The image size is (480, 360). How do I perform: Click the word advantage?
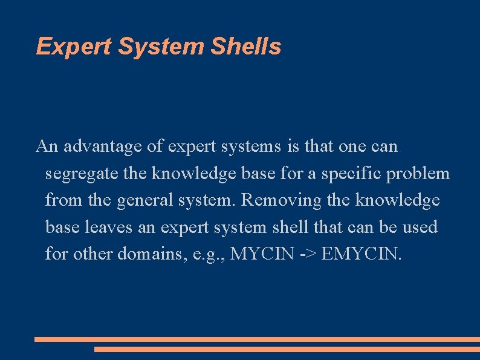[99, 146]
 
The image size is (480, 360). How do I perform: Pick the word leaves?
[106, 227]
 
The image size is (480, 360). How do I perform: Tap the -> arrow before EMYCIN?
[306, 254]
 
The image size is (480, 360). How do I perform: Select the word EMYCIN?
[361, 254]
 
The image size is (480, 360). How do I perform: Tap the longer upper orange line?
[257, 340]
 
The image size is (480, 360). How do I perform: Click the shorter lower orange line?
[287, 349]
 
